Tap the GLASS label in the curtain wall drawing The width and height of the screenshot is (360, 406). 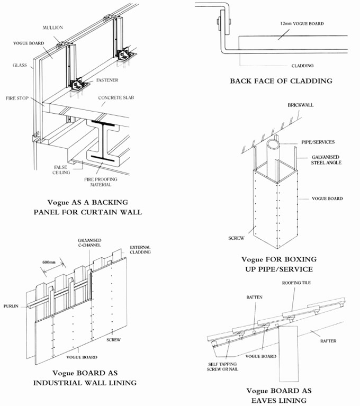[x=20, y=66]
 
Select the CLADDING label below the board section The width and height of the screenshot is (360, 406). [x=302, y=66]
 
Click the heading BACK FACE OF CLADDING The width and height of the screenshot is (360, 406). [x=281, y=81]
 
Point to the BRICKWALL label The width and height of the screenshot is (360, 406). [x=300, y=105]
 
